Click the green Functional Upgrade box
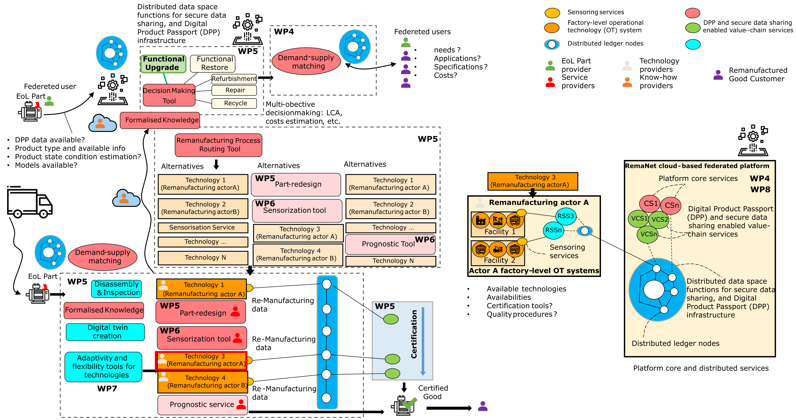164,63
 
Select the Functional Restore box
213,63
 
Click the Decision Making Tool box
169,95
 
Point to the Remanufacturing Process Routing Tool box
218,145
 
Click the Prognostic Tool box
390,244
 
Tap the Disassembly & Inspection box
116,288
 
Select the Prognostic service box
202,405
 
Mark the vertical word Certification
414,334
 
